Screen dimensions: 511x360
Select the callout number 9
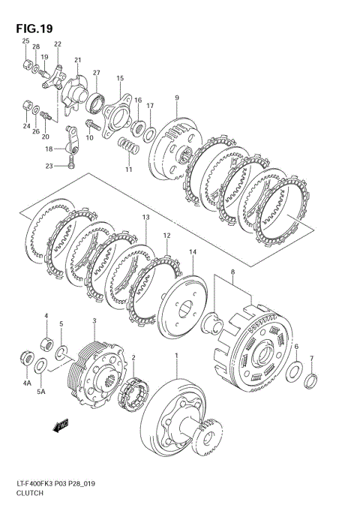point(176,98)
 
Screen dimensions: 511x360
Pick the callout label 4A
point(27,383)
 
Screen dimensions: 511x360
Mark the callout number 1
point(177,355)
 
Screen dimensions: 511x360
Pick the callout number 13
point(145,218)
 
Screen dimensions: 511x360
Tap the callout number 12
point(166,235)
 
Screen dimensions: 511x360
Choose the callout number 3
point(94,321)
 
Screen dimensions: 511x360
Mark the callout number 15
point(119,78)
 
